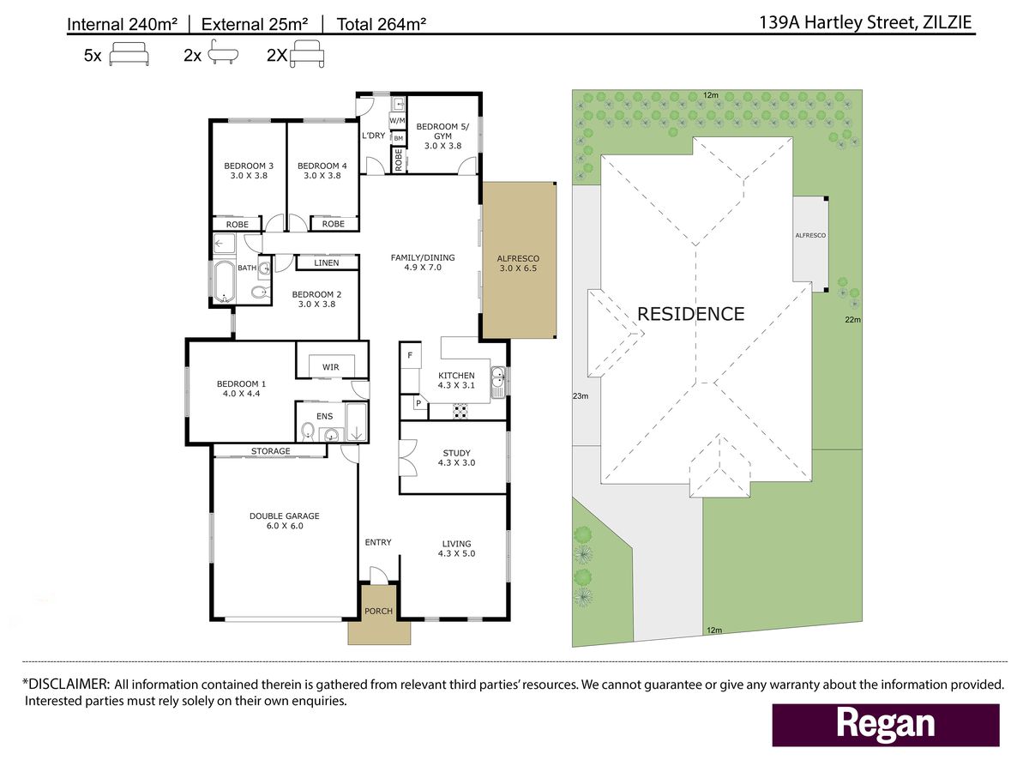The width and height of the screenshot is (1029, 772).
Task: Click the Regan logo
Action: [x=886, y=725]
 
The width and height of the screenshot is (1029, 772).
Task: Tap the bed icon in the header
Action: [x=129, y=54]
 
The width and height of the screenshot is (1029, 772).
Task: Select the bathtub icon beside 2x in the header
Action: [x=223, y=52]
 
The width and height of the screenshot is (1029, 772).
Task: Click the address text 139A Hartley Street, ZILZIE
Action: [x=865, y=22]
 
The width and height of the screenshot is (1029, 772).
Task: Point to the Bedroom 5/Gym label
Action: [x=442, y=136]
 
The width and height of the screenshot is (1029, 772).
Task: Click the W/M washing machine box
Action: [x=397, y=120]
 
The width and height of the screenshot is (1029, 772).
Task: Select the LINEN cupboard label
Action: [x=327, y=263]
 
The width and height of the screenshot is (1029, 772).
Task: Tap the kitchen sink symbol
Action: [x=498, y=383]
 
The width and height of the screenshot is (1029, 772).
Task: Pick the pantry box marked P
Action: [x=418, y=402]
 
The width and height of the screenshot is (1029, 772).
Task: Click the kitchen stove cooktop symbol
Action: [x=460, y=412]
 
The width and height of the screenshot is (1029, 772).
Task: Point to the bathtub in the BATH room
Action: [x=224, y=282]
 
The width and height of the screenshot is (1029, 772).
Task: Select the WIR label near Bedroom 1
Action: [x=330, y=367]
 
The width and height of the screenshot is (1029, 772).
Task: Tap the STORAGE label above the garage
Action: [x=270, y=451]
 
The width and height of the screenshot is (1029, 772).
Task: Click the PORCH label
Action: [x=378, y=612]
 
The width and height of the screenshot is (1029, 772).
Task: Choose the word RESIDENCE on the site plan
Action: [x=691, y=314]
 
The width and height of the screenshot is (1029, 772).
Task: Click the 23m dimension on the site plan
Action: [x=581, y=396]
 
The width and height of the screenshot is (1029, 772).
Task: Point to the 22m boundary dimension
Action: [x=852, y=320]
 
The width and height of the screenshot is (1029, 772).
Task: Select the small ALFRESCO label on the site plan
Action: [x=810, y=235]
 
